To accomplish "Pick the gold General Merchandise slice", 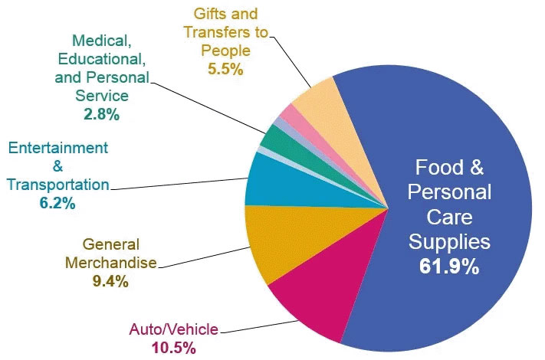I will [284, 245].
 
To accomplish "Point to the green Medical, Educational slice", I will [272, 138].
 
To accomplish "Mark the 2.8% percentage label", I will [102, 115].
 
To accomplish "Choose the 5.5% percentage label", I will [225, 69].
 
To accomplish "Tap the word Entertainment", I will [58, 147].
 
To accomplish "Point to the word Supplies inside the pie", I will [448, 243].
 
